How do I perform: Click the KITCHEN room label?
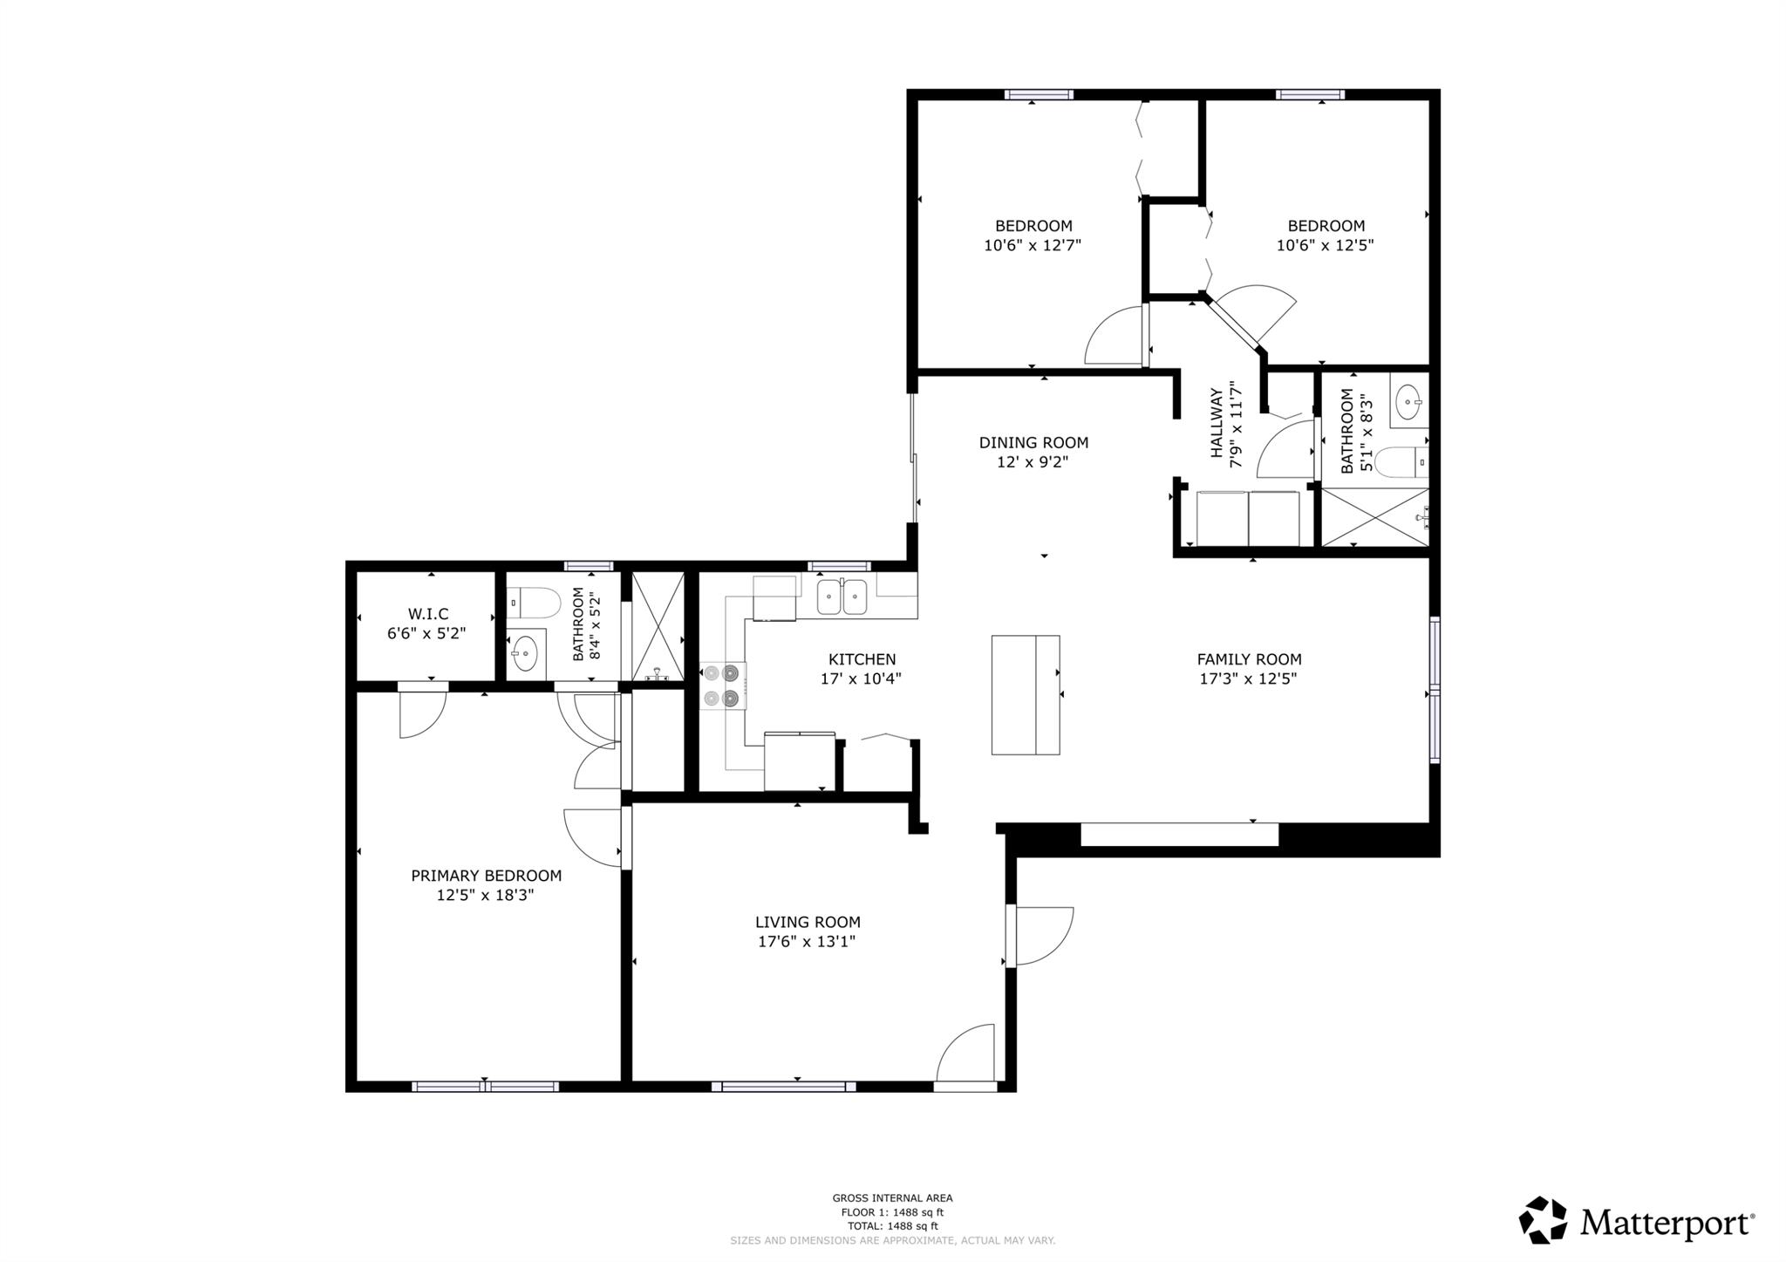point(862,659)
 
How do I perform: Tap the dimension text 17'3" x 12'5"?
point(1248,679)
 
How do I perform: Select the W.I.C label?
point(427,615)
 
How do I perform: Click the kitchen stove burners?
point(722,686)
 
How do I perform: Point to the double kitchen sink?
point(842,597)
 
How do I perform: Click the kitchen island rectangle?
point(1026,694)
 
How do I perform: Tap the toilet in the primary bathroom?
point(534,602)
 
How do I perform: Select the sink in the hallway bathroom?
point(1408,403)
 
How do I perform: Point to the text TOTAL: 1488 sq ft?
point(891,1225)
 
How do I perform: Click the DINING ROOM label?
point(1033,443)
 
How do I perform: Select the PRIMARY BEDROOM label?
point(486,876)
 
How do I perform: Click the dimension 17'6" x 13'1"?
point(807,941)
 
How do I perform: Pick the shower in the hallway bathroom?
point(1374,517)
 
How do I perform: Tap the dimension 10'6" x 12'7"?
point(1033,245)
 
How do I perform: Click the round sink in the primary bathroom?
point(524,651)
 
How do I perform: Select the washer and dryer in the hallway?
point(1247,518)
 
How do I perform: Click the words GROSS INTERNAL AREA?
point(891,1198)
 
